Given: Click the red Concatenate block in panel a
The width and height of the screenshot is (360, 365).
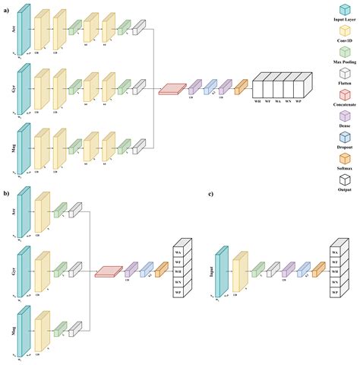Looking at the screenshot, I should [172, 89].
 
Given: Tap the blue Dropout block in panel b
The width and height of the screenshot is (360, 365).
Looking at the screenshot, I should [146, 270].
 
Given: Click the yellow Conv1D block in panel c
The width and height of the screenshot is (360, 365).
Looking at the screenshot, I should [239, 270].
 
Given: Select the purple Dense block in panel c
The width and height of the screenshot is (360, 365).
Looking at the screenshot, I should [288, 269].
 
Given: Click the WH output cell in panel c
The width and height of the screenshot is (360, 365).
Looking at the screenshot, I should [334, 270].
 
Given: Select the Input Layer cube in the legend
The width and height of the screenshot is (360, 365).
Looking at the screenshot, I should [345, 9].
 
